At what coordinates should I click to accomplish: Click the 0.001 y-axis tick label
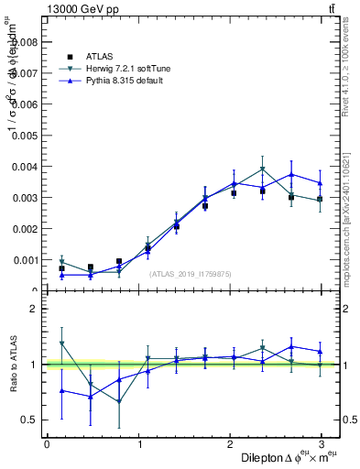coord(26,260)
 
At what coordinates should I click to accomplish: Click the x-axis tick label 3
coord(322,444)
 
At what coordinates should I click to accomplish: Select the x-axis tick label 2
coord(230,444)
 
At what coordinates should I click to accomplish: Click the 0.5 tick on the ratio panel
coord(29,420)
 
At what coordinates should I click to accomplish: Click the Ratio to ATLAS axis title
coord(12,365)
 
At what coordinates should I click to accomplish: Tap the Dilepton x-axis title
coord(274,457)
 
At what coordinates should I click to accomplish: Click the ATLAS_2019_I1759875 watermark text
coord(191,274)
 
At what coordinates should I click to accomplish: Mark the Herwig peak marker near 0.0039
coord(262,169)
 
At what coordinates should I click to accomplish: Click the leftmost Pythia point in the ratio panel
coord(61,390)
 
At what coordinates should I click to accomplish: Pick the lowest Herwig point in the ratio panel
coord(119,401)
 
